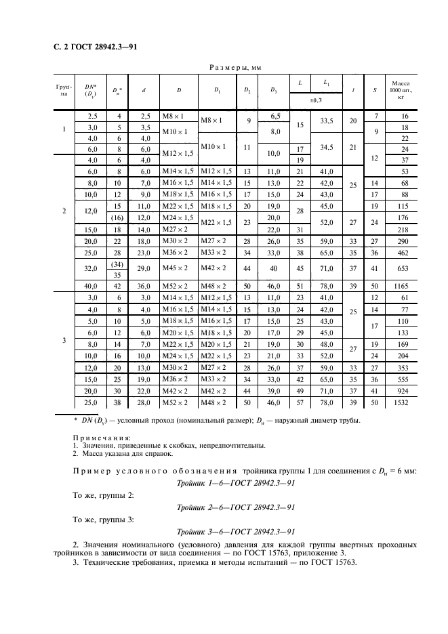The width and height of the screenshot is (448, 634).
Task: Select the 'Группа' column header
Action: pyautogui.click(x=64, y=90)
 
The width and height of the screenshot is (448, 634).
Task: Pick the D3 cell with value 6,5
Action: pyautogui.click(x=275, y=117)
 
